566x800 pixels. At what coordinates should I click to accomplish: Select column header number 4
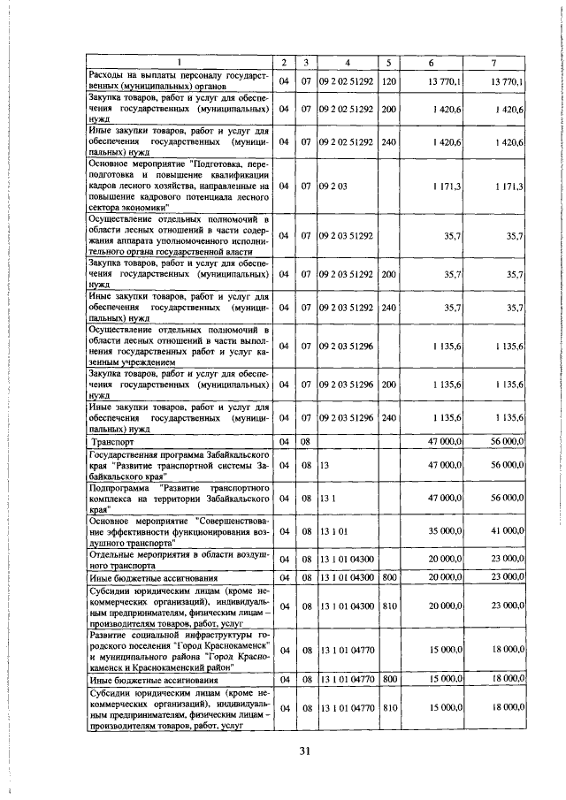[348, 62]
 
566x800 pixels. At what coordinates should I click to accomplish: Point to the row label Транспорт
[114, 440]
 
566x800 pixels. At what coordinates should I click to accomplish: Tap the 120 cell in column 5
[388, 82]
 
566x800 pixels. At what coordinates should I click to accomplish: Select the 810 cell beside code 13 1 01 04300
[388, 607]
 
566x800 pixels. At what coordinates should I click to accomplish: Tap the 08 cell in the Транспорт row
[304, 440]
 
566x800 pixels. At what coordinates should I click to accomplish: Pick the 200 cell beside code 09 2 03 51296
[388, 385]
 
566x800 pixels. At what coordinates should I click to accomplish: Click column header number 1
[177, 62]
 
